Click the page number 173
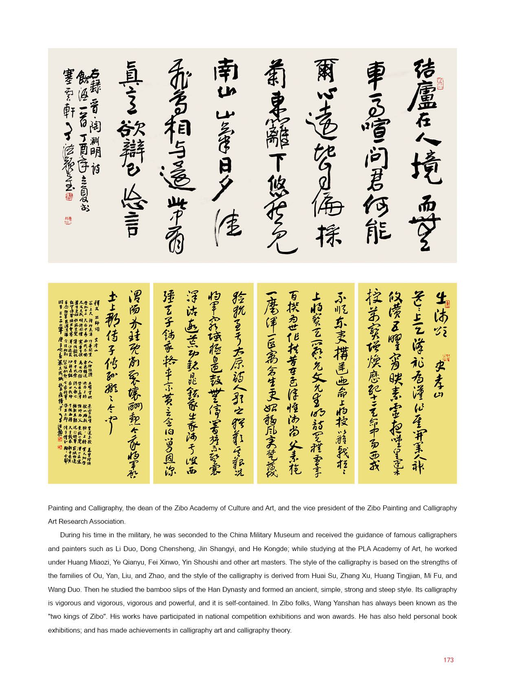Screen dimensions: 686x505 click(448, 660)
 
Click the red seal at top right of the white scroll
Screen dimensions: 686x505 click(441, 83)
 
